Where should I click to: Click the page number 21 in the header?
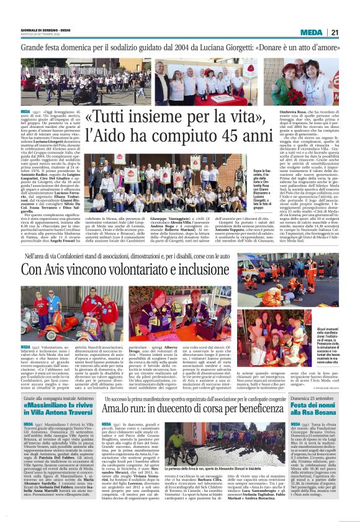[334, 32]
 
